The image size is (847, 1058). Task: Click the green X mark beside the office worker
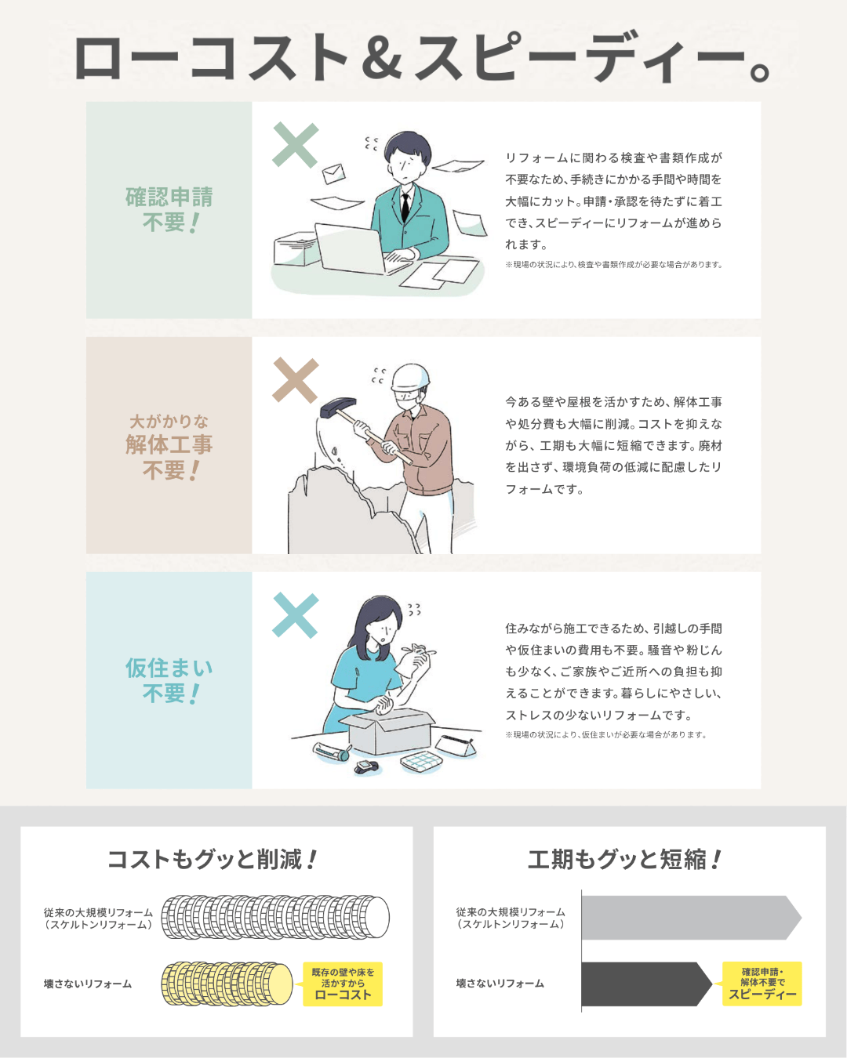[295, 145]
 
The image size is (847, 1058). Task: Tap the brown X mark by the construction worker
[295, 380]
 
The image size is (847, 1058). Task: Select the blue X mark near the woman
[295, 615]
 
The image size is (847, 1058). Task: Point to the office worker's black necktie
[405, 205]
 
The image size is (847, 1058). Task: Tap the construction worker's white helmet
[410, 379]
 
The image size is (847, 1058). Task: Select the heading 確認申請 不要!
[169, 209]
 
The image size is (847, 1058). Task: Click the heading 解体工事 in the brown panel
[169, 444]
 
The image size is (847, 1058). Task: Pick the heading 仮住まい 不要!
[169, 680]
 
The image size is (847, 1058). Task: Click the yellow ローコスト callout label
[343, 984]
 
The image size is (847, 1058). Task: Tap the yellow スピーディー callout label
[762, 983]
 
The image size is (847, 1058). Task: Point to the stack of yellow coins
[227, 984]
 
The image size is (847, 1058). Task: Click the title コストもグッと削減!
[212, 859]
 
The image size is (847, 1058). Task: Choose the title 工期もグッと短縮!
[624, 859]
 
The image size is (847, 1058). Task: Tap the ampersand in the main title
[383, 58]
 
